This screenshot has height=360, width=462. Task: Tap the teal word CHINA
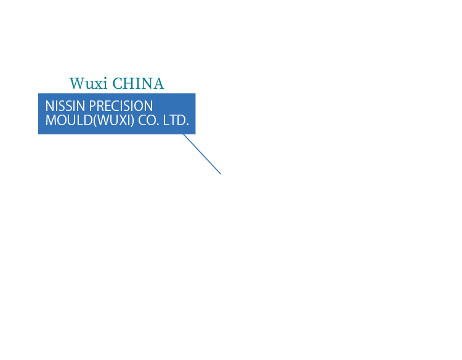pos(139,84)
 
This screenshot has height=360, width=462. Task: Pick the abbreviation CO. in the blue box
pos(148,120)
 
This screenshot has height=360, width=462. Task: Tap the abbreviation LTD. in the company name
pos(176,120)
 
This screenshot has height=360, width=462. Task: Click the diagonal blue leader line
pos(202,154)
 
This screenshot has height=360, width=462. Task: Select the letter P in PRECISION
pos(92,106)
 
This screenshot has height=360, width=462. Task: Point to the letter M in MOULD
pos(51,120)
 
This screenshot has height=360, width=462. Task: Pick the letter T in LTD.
pos(172,120)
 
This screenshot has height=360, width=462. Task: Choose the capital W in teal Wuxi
pos(76,84)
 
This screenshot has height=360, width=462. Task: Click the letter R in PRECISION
pos(100,106)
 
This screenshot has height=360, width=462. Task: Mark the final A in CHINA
pos(158,84)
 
